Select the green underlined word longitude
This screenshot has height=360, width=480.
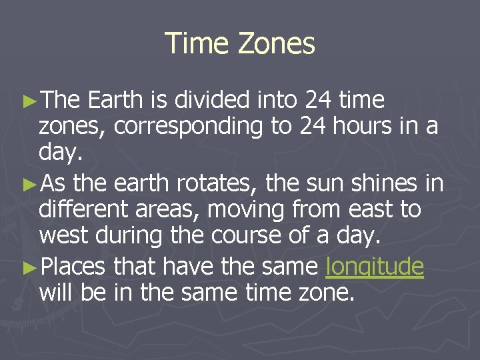(x=375, y=267)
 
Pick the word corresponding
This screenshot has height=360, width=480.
(x=189, y=127)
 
